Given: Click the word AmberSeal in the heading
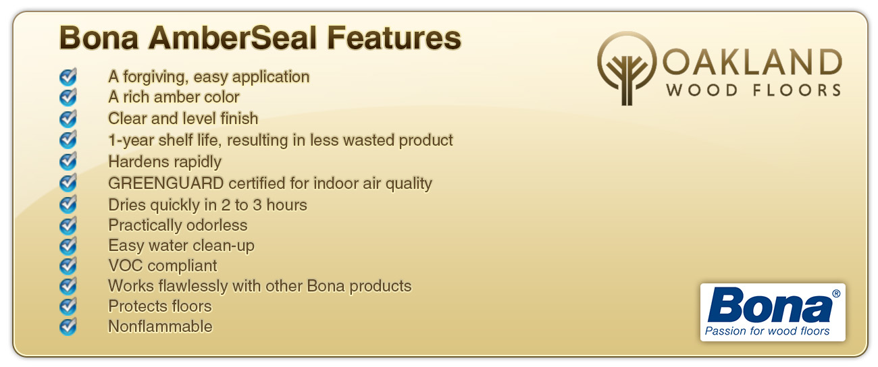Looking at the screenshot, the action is [232, 38].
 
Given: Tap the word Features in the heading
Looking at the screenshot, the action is [394, 38].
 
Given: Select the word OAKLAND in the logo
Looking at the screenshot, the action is [752, 62].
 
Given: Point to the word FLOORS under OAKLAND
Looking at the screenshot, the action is [797, 90].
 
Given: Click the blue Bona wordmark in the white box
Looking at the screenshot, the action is [770, 305].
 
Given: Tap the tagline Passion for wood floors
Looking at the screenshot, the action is [767, 331].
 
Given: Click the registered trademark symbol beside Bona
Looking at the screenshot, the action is [836, 293].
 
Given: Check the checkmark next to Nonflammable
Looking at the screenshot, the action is [68, 327].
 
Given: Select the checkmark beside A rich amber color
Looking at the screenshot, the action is [68, 97].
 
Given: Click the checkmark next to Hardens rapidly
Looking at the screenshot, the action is [68, 161].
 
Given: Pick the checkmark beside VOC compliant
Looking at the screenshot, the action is [68, 265].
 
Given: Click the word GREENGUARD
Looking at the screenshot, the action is [165, 183].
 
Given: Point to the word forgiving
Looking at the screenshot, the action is [155, 77].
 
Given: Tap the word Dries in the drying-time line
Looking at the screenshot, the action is [126, 205].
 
